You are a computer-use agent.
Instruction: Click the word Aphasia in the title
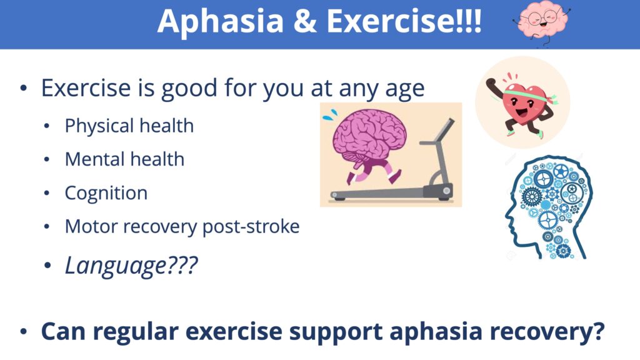pyautogui.click(x=221, y=21)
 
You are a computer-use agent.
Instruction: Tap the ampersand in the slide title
pyautogui.click(x=305, y=21)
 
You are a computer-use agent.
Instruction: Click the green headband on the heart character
pyautogui.click(x=529, y=96)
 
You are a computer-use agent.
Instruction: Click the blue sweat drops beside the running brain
pyautogui.click(x=330, y=115)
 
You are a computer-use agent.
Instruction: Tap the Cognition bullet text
pyautogui.click(x=106, y=194)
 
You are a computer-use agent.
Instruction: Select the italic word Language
pyautogui.click(x=116, y=266)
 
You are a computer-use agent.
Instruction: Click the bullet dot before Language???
pyautogui.click(x=47, y=266)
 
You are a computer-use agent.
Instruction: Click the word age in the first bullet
pyautogui.click(x=405, y=89)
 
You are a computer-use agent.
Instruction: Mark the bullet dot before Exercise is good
pyautogui.click(x=24, y=87)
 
